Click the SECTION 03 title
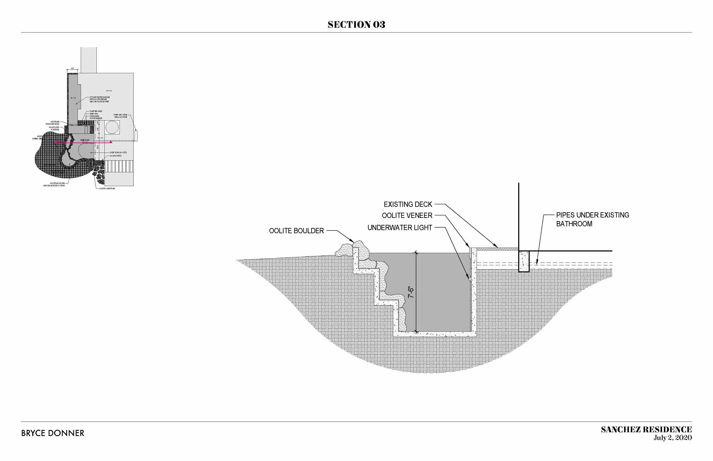(x=356, y=25)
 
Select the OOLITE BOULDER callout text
(x=296, y=231)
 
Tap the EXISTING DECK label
(x=408, y=205)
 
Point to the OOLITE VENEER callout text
(x=407, y=215)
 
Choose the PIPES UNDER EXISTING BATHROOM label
(x=592, y=219)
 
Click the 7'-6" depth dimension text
(x=411, y=292)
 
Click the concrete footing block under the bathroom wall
(x=524, y=261)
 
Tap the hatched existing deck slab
(x=497, y=249)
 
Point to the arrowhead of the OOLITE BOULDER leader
(x=353, y=241)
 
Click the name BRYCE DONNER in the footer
(x=53, y=433)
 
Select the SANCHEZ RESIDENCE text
(x=646, y=430)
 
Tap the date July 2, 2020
(x=673, y=438)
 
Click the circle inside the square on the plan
(x=112, y=128)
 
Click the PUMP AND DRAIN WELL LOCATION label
(x=120, y=116)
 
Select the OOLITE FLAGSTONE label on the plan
(x=107, y=189)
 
